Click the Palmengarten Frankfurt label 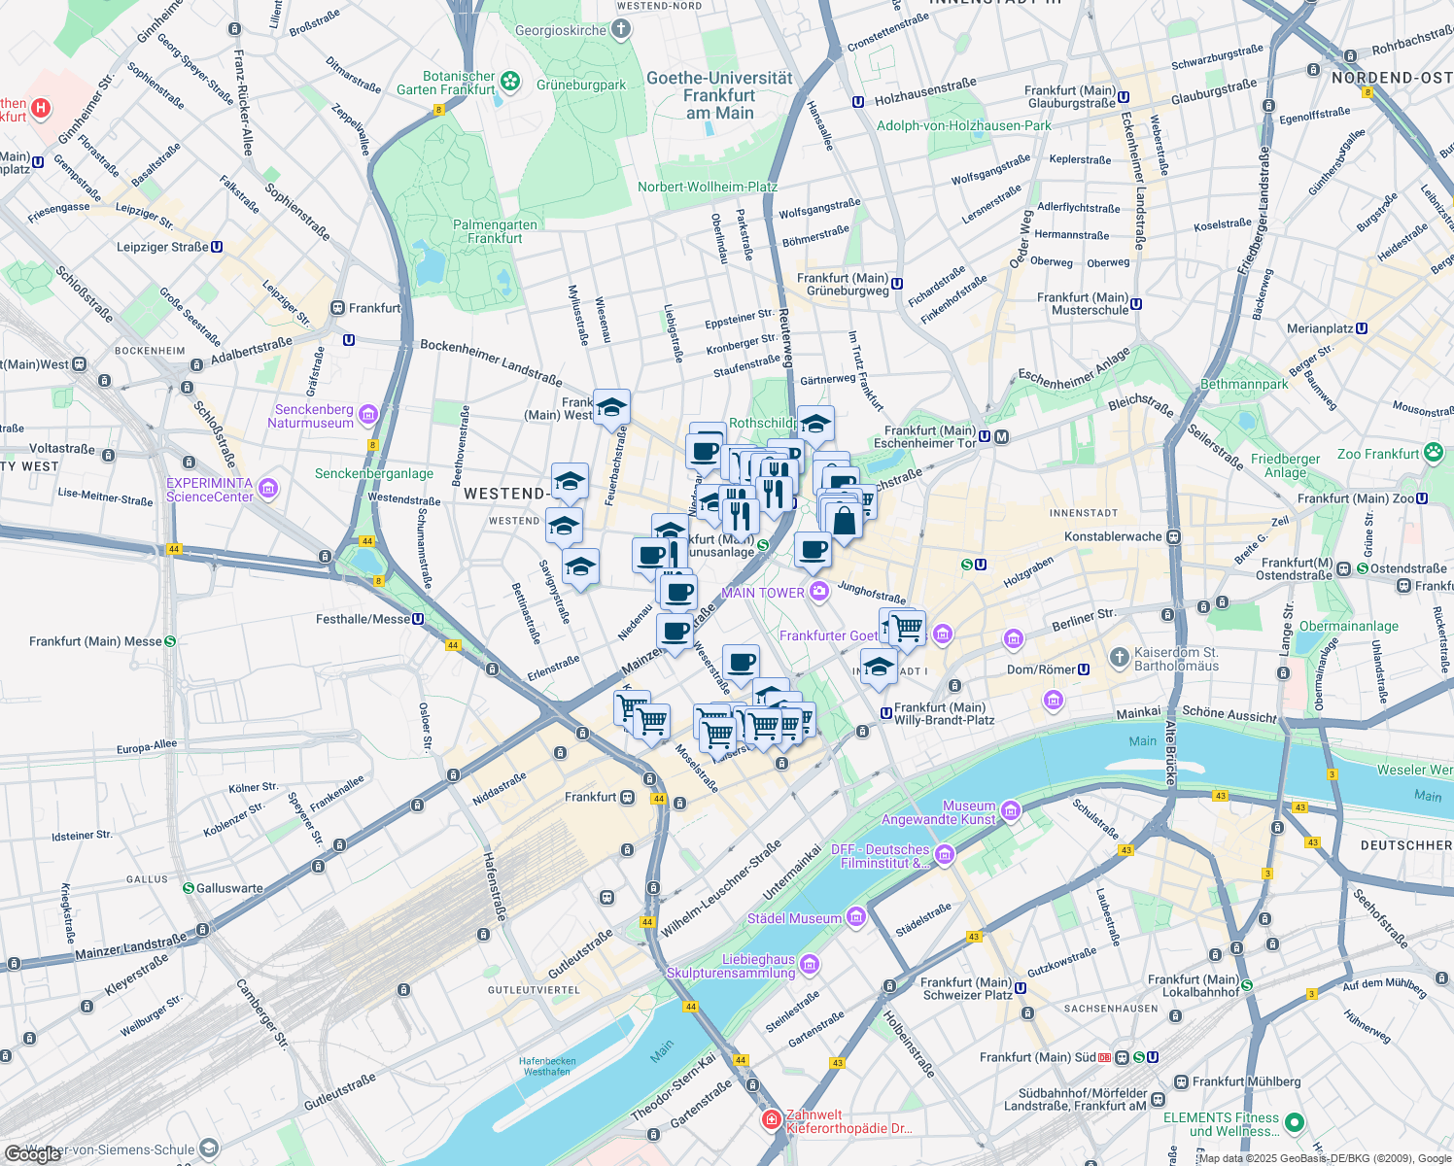tap(495, 231)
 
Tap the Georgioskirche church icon tap(620, 30)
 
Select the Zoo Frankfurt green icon tap(1433, 453)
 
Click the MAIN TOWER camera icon tap(819, 591)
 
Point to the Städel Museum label tap(794, 918)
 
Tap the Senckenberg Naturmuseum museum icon tap(367, 415)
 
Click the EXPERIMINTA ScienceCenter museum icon tap(268, 489)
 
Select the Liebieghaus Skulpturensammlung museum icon tap(809, 965)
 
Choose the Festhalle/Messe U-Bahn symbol tap(418, 619)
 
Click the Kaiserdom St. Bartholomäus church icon tap(1120, 658)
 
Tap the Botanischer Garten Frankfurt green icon tap(511, 83)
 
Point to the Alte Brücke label tap(1170, 753)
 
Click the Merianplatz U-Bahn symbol tap(1362, 328)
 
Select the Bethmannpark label tap(1244, 384)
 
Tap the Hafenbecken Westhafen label tap(547, 1066)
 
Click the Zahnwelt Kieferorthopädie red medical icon tap(772, 1120)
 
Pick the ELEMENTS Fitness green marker tap(1294, 1123)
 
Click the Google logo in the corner tap(33, 1154)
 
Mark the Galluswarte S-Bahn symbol tap(189, 888)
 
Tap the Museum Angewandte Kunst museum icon tap(1010, 811)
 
